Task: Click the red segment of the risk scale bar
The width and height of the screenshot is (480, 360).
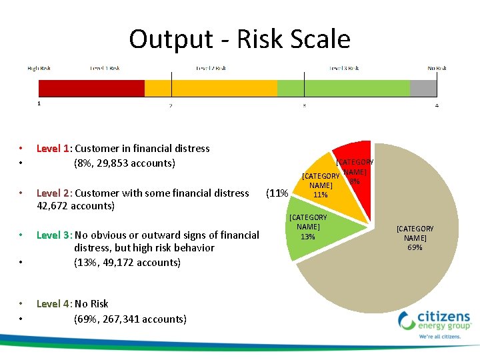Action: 91,89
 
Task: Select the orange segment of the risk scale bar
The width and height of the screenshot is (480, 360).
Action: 211,89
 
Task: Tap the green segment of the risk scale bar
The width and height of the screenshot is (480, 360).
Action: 343,89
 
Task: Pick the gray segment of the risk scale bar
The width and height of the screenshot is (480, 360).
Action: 423,89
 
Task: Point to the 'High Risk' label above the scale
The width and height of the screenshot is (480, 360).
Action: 39,68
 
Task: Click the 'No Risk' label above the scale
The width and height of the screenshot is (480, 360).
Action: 437,68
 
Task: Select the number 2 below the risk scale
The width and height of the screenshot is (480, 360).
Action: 171,105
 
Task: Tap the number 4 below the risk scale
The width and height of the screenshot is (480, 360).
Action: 437,105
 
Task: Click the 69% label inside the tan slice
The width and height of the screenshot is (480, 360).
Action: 415,247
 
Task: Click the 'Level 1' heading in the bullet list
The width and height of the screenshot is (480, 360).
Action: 53,149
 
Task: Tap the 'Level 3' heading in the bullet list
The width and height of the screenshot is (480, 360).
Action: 53,235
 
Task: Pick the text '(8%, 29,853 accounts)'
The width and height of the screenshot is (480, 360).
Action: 124,163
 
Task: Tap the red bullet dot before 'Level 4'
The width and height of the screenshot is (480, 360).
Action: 21,304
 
